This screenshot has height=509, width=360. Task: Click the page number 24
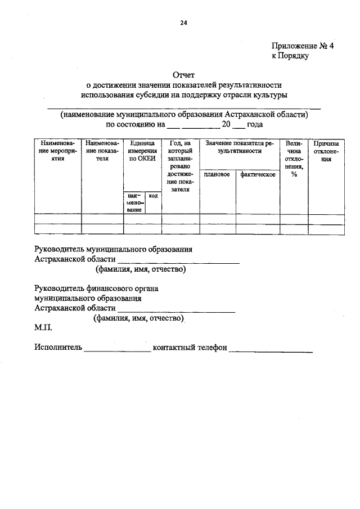pos(183,23)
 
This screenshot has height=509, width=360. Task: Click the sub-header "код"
pos(152,195)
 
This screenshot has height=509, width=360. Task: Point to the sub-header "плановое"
pos(217,175)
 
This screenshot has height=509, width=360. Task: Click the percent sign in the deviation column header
pos(294,174)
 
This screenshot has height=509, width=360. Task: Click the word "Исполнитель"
pos(58,348)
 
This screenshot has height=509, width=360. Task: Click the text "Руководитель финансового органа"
pos(95,289)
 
